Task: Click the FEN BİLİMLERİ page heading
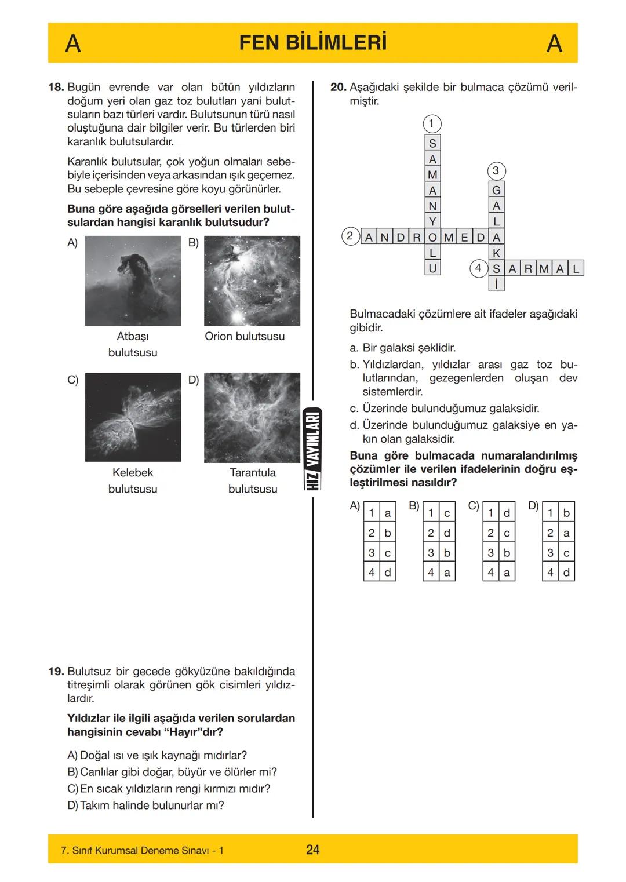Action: [x=312, y=43]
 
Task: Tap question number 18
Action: [x=56, y=88]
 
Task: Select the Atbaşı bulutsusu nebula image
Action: [x=133, y=280]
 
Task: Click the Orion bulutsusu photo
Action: [x=252, y=280]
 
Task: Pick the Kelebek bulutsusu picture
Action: [x=133, y=417]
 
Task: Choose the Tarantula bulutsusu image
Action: [x=252, y=417]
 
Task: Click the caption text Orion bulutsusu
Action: [x=245, y=336]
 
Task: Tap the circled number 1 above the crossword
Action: [x=432, y=123]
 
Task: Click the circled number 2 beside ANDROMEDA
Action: [x=350, y=236]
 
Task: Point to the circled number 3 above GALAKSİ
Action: [x=496, y=171]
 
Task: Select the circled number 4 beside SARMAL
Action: [x=478, y=268]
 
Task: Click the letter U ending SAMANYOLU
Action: [x=432, y=268]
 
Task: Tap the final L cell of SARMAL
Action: [x=576, y=268]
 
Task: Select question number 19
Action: [x=56, y=672]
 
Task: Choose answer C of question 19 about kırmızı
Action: [x=169, y=789]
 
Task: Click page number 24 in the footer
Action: [x=312, y=850]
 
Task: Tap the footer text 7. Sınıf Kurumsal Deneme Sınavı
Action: [x=142, y=850]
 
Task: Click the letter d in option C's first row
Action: [x=507, y=513]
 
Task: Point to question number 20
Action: [x=338, y=88]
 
